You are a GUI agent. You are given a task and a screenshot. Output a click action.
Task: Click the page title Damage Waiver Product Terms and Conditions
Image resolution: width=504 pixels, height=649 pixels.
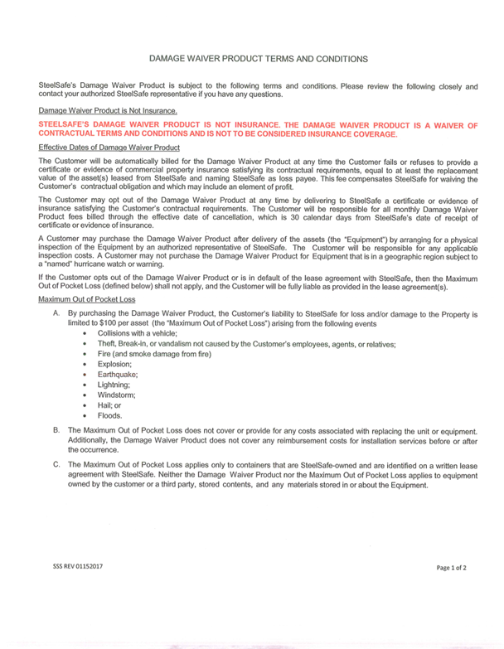[x=251, y=60]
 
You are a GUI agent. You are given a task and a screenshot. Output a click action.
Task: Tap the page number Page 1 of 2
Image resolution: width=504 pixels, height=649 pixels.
[x=452, y=568]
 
